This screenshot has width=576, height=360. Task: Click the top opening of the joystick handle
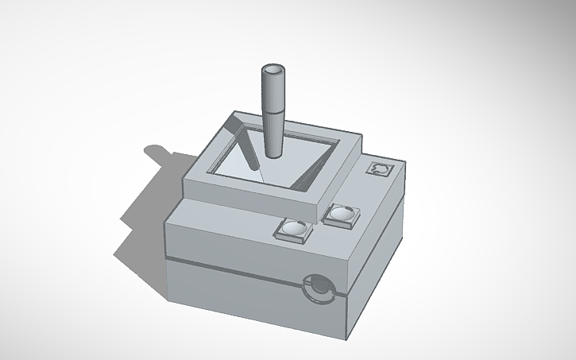273,72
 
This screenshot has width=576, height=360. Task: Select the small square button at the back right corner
380,169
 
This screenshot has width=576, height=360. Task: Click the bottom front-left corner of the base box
168,300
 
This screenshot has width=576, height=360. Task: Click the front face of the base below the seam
238,302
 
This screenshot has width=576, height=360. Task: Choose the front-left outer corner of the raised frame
184,181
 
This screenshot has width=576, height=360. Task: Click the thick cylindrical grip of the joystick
273,91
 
